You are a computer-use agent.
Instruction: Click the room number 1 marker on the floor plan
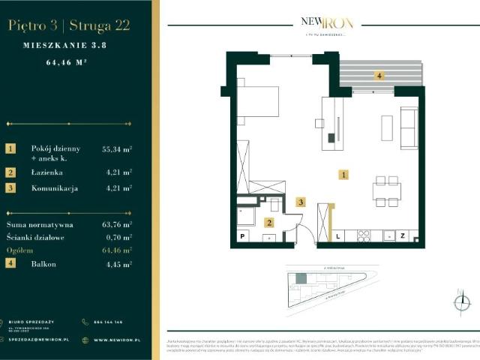(x=343, y=175)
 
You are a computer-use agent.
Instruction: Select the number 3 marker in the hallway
(x=301, y=202)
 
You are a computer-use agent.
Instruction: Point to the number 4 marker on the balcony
(x=379, y=76)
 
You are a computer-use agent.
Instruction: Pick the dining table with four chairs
(x=386, y=191)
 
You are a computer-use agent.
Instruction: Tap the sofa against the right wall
(x=409, y=127)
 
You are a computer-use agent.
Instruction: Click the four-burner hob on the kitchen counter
(x=364, y=235)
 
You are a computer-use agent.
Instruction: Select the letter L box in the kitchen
(x=337, y=235)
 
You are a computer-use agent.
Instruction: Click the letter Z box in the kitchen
(x=402, y=235)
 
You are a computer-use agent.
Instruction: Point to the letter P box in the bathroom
(x=243, y=236)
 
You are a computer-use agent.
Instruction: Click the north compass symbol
(x=461, y=302)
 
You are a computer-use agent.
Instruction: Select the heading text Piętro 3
(x=33, y=25)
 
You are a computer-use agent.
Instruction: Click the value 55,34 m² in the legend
(x=117, y=149)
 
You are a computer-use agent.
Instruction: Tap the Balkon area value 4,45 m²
(x=117, y=264)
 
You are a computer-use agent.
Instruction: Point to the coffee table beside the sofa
(x=387, y=127)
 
